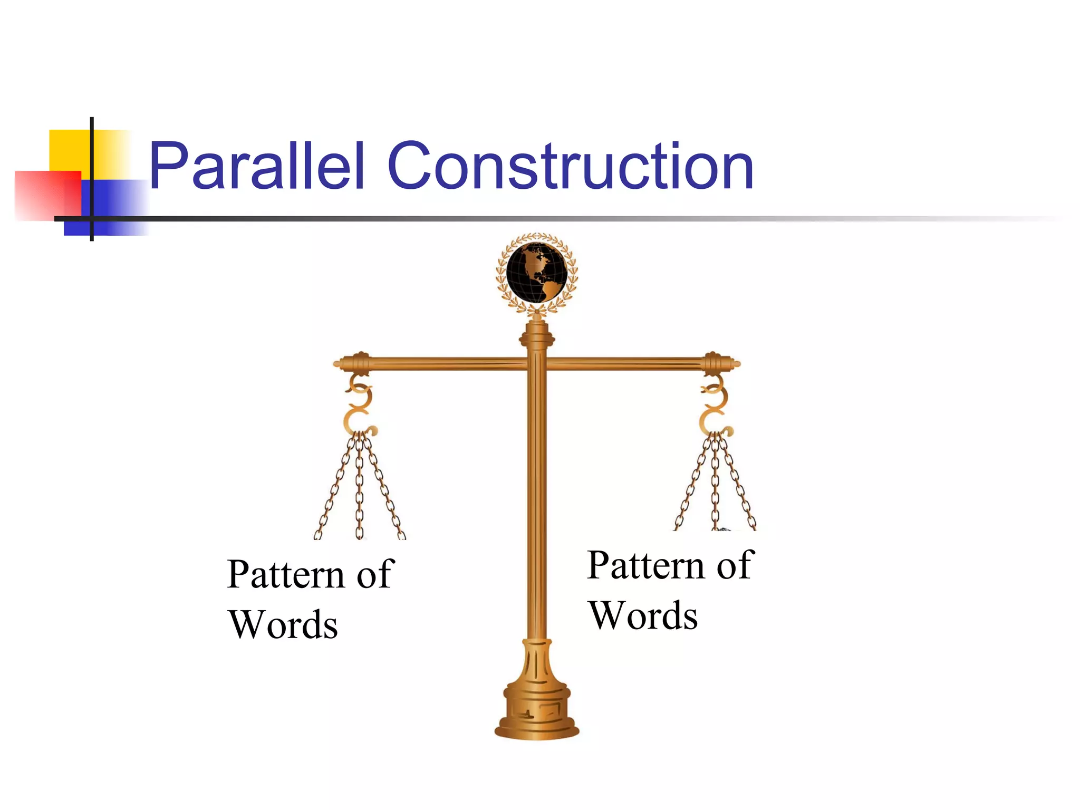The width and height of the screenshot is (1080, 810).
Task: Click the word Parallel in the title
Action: pyautogui.click(x=257, y=166)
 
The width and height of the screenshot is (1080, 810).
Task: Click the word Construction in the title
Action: pyautogui.click(x=571, y=166)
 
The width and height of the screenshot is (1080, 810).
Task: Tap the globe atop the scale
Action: pyautogui.click(x=536, y=272)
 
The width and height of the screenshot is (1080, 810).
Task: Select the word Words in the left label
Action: pyautogui.click(x=283, y=624)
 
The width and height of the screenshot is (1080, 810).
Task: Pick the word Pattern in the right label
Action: pyautogui.click(x=646, y=565)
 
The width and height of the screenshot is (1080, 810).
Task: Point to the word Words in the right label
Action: pyautogui.click(x=643, y=615)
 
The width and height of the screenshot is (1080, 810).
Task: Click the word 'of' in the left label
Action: pyautogui.click(x=375, y=574)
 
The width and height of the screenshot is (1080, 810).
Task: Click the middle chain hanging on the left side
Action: pyautogui.click(x=360, y=485)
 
